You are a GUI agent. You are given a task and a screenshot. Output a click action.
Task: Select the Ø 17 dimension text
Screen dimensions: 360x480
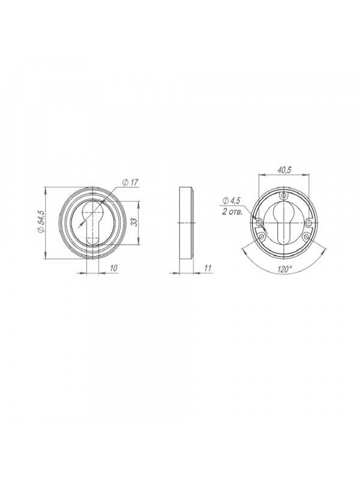[x=130, y=183]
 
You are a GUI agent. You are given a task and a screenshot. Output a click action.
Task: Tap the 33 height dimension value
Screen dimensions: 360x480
[x=133, y=223]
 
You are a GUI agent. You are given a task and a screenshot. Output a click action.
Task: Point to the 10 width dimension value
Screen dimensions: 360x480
[x=113, y=268]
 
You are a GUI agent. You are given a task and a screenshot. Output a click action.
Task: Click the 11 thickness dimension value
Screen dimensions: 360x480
[x=208, y=268]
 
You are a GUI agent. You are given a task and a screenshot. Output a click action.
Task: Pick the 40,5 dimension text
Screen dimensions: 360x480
[x=284, y=170]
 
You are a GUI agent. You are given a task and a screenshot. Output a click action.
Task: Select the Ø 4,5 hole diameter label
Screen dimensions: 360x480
[x=232, y=201]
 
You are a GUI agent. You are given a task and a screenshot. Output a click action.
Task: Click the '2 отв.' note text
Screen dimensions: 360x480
[x=232, y=212]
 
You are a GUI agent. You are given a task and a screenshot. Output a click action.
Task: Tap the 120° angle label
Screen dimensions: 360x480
[x=284, y=269]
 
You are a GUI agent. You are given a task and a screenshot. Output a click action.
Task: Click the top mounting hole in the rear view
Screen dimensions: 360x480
[x=284, y=196]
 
